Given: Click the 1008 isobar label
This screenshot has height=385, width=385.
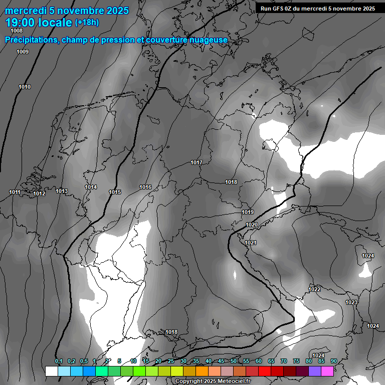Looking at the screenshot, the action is point(17,31).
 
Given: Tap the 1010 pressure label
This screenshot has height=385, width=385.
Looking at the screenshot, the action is point(25,87).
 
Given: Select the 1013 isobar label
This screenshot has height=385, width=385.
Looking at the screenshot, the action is point(62,191).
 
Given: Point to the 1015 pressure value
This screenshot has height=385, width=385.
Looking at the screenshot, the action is point(115,192).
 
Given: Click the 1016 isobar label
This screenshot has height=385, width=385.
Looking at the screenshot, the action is point(145,187).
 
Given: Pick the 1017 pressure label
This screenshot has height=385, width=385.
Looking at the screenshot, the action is point(197,162).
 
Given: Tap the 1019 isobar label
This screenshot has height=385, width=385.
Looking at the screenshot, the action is point(248,212).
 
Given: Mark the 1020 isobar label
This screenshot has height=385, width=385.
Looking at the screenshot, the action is point(252,225).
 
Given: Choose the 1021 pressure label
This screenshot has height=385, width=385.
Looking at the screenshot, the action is point(251,243).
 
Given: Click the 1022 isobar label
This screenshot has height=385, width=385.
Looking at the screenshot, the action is point(314,289).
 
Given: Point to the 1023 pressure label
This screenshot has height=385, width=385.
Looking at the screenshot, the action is point(351,302).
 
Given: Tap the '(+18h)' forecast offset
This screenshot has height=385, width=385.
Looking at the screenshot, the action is point(87,23).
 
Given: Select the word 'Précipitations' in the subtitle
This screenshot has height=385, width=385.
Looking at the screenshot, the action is point(31,40).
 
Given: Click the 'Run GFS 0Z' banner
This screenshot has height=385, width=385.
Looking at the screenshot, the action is point(318,9).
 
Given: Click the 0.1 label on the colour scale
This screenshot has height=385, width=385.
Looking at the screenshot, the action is point(59,361).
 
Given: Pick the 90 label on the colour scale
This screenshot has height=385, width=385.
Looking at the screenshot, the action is point(333,361).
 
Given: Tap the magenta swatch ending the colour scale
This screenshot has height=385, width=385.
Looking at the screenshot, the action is point(327,371).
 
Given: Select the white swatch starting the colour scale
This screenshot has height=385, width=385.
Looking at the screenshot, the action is point(51,371).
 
